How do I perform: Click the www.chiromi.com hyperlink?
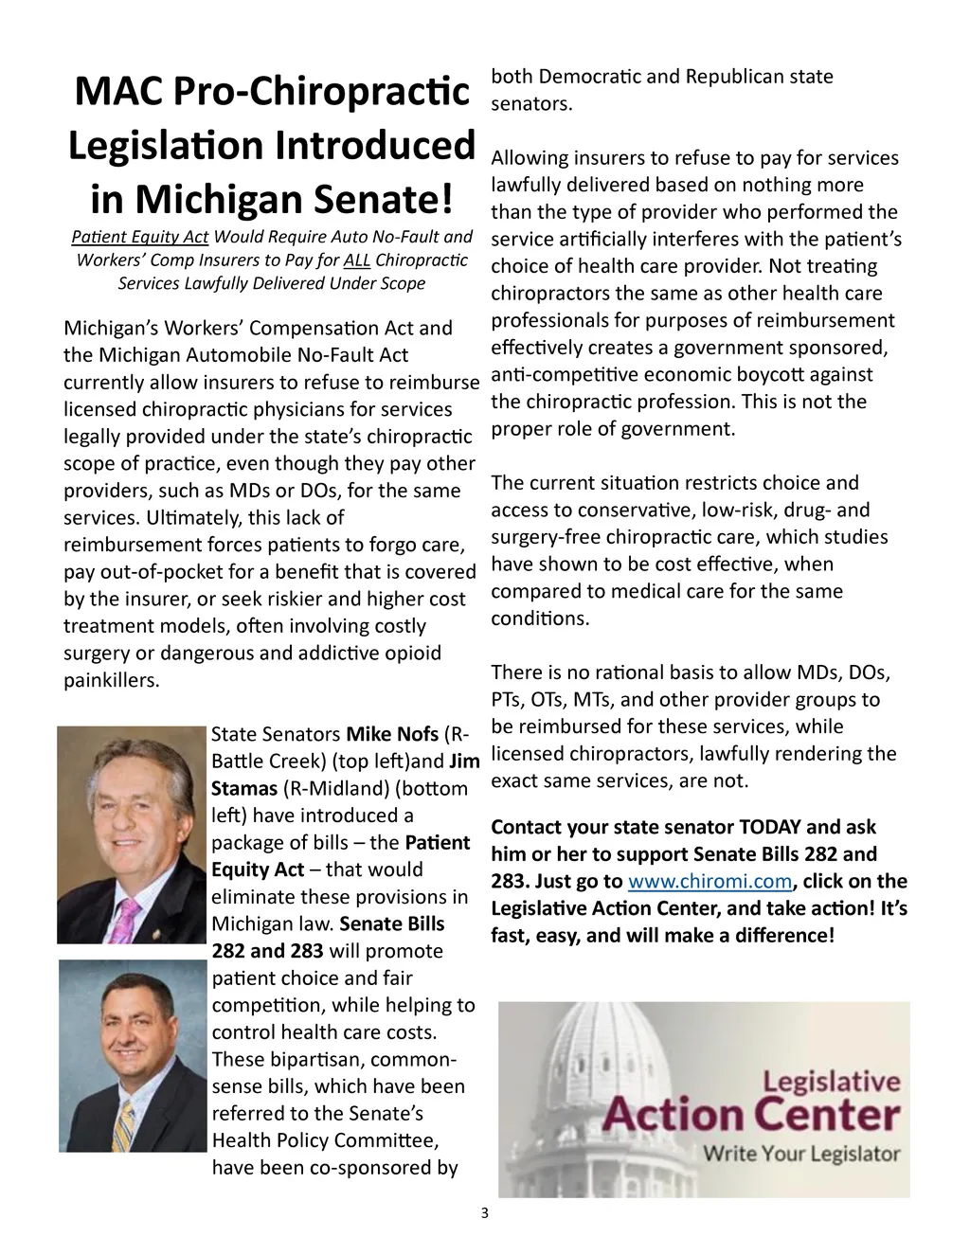(x=710, y=881)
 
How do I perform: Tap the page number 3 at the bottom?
(x=485, y=1213)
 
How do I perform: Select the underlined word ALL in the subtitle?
(x=357, y=260)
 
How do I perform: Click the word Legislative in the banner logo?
(x=832, y=1082)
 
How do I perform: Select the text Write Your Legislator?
(x=800, y=1154)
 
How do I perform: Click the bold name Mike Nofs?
(x=392, y=734)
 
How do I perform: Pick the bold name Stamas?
(x=244, y=788)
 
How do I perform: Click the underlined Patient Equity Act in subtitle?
(x=140, y=237)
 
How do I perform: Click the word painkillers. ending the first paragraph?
(x=112, y=680)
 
